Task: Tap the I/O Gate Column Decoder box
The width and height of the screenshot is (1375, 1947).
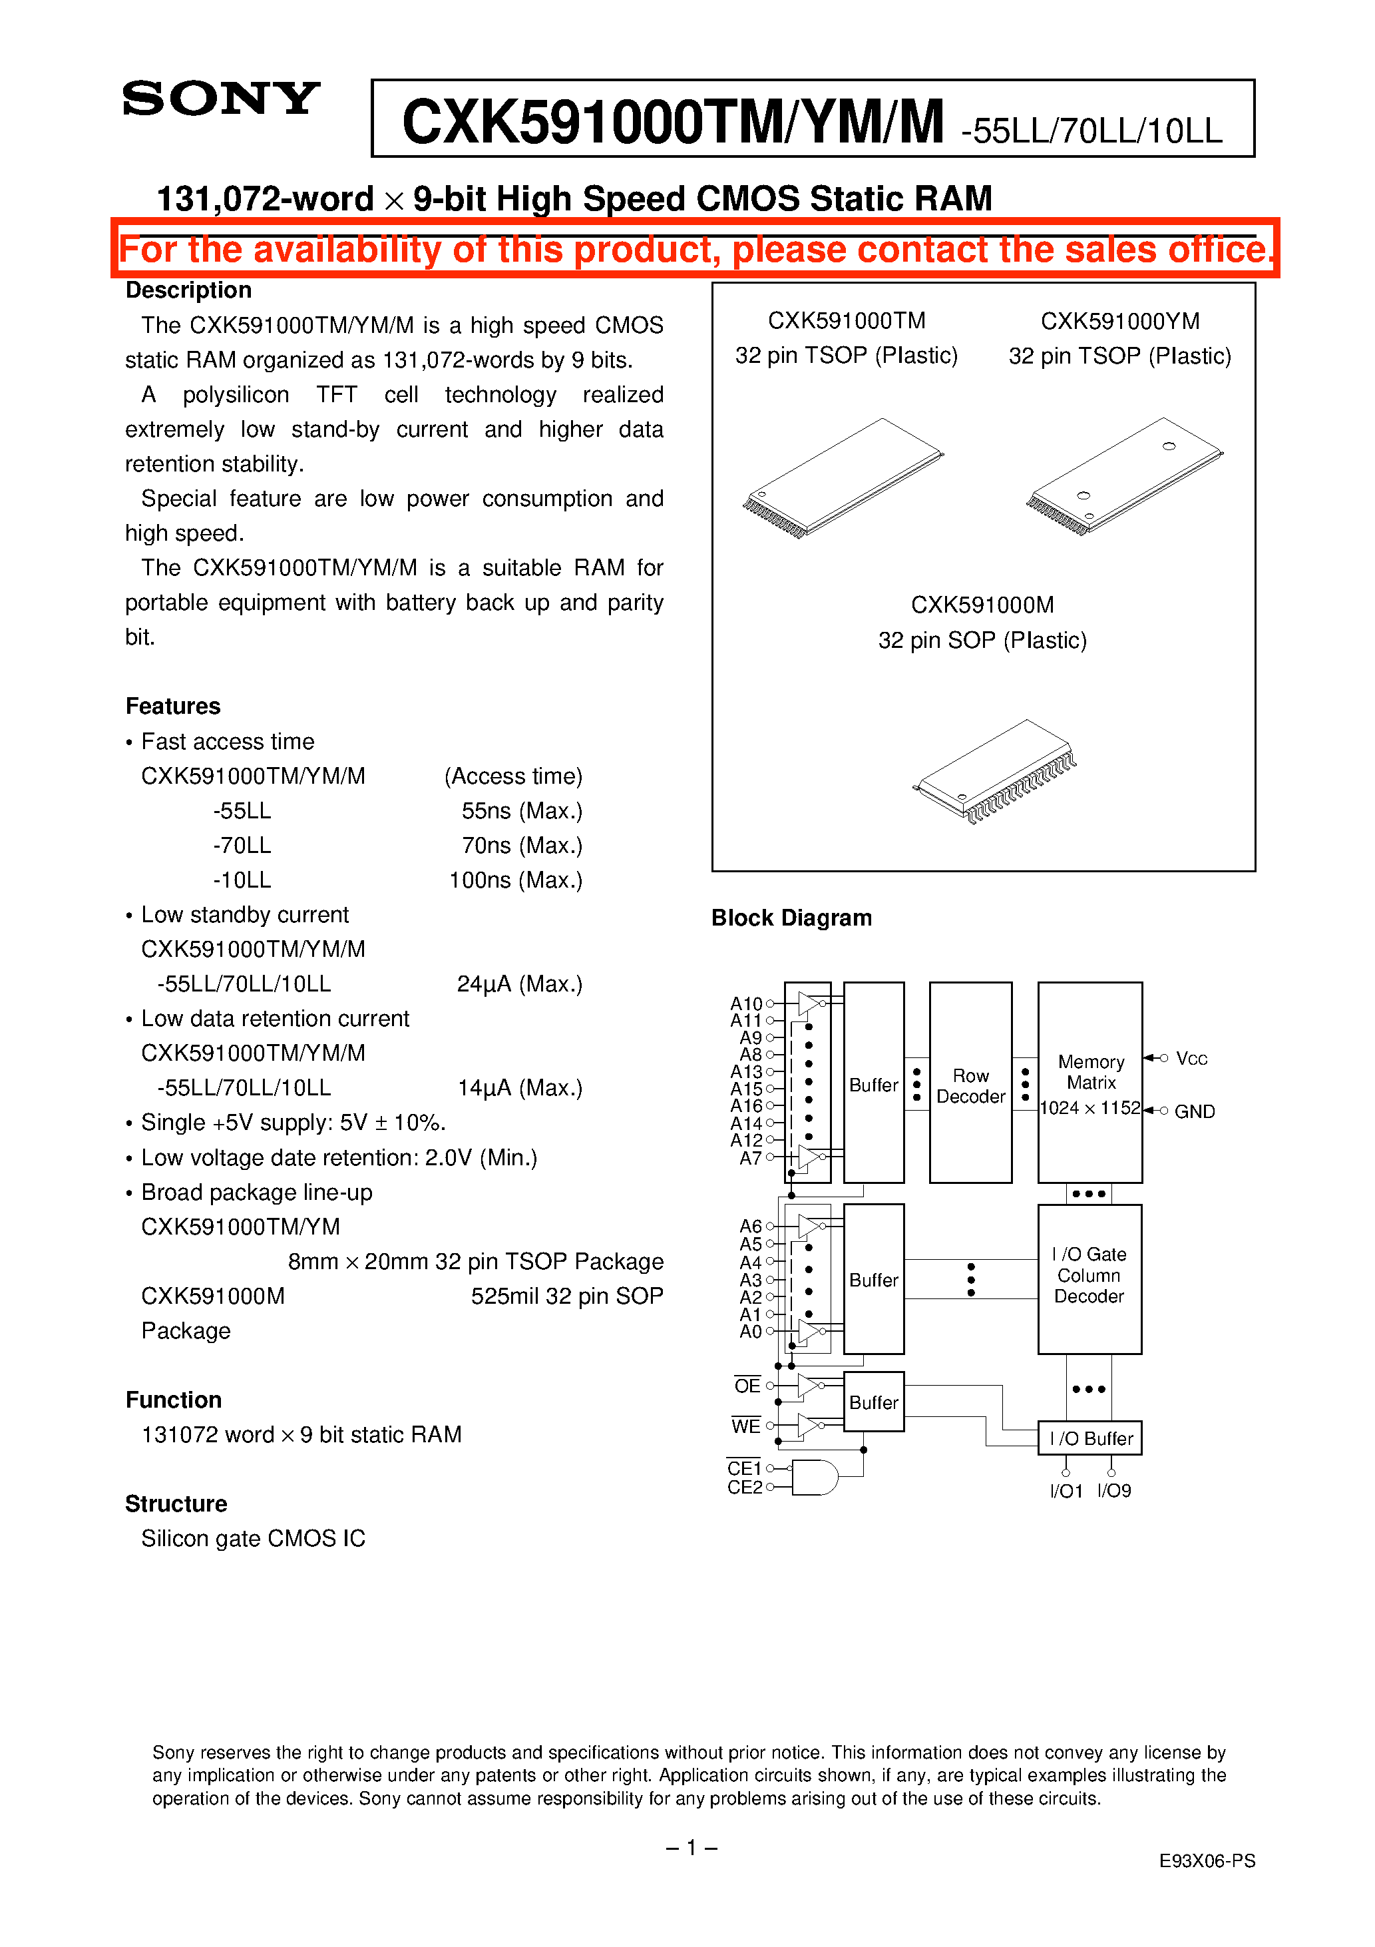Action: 1089,1278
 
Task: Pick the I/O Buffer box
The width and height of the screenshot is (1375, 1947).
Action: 1089,1438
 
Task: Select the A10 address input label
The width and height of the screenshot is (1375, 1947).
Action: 746,1004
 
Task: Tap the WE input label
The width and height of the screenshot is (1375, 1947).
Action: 746,1426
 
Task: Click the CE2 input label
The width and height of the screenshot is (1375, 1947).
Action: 744,1488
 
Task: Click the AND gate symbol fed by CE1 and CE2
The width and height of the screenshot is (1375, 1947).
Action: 814,1477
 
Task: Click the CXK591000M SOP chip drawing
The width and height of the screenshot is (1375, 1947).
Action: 994,770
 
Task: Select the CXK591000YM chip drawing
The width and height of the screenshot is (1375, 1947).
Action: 1124,477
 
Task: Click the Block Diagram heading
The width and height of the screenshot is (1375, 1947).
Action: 791,918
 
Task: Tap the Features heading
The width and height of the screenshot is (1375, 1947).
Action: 173,706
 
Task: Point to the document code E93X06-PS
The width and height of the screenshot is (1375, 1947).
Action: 1207,1860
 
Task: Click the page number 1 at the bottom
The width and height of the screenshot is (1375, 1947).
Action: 691,1848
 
